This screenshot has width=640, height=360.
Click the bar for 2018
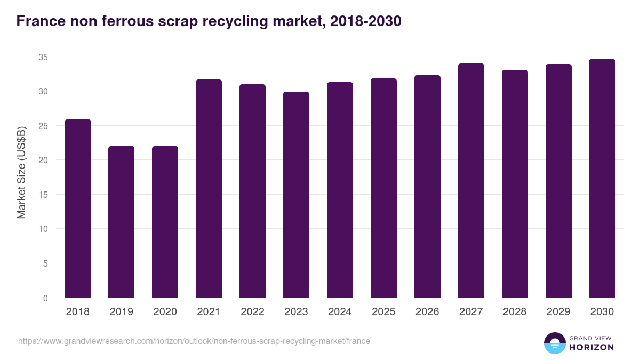click(x=77, y=209)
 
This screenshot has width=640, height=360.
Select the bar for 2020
click(x=165, y=222)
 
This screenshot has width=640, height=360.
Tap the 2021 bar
click(x=209, y=189)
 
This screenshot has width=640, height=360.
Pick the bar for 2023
click(x=296, y=195)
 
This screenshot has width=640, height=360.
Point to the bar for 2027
click(x=471, y=181)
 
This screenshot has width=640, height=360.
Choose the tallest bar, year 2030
click(x=602, y=179)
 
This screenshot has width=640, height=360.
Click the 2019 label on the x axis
click(x=121, y=312)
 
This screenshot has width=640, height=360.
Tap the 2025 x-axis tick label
click(x=383, y=312)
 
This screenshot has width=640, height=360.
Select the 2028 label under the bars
click(x=515, y=312)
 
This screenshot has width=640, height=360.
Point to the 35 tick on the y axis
click(x=43, y=57)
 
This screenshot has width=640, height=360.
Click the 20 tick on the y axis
click(x=43, y=160)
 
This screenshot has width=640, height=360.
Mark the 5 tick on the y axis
click(x=45, y=263)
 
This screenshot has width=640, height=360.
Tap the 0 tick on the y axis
click(x=45, y=298)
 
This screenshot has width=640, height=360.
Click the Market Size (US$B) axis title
click(x=22, y=172)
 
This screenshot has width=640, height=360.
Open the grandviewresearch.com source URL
click(x=194, y=341)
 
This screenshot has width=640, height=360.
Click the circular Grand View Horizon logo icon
click(x=554, y=343)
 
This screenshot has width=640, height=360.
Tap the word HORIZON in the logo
click(x=591, y=347)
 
